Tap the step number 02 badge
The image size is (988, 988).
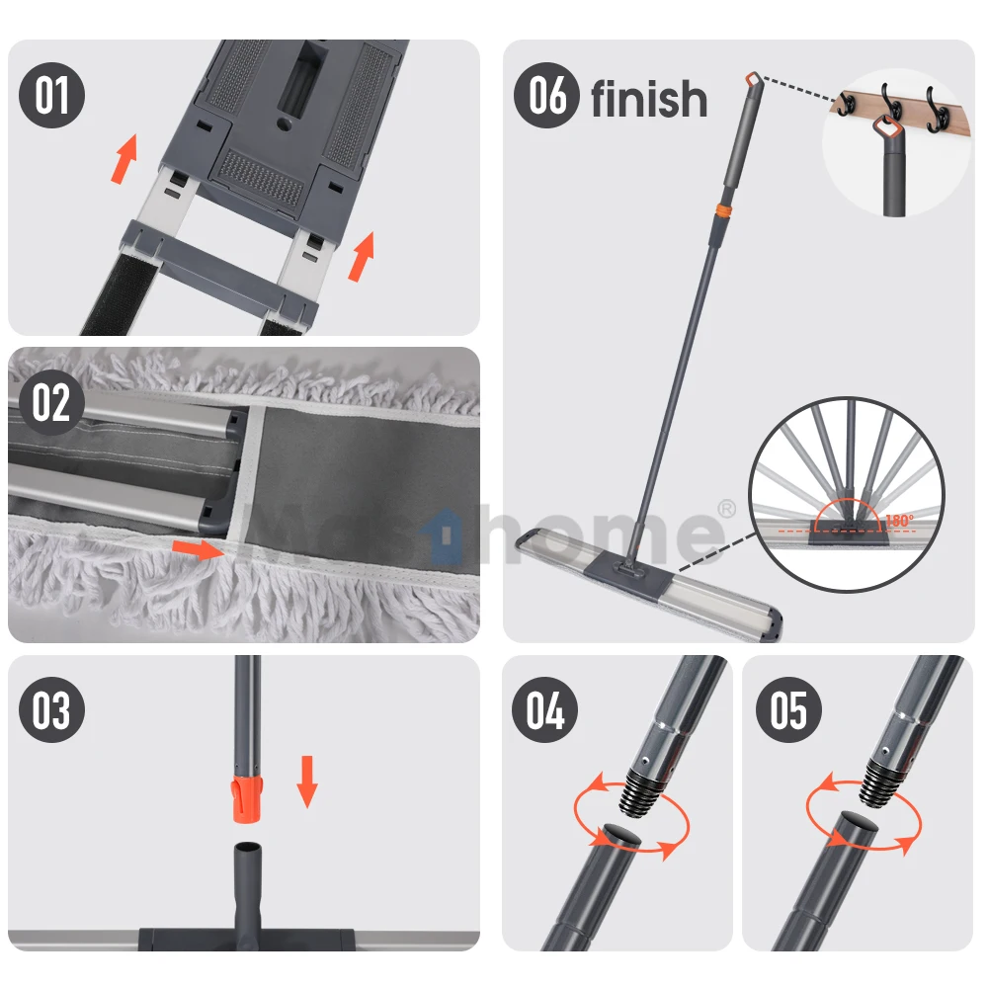tap(52, 403)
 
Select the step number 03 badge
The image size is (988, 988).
tap(52, 710)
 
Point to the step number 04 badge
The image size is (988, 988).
tap(545, 710)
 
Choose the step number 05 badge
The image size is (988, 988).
tap(788, 710)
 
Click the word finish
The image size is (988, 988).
tap(649, 100)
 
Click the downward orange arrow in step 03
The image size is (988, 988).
tap(307, 781)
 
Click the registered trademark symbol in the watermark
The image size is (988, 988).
tap(726, 508)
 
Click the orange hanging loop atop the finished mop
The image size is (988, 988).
tap(754, 79)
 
